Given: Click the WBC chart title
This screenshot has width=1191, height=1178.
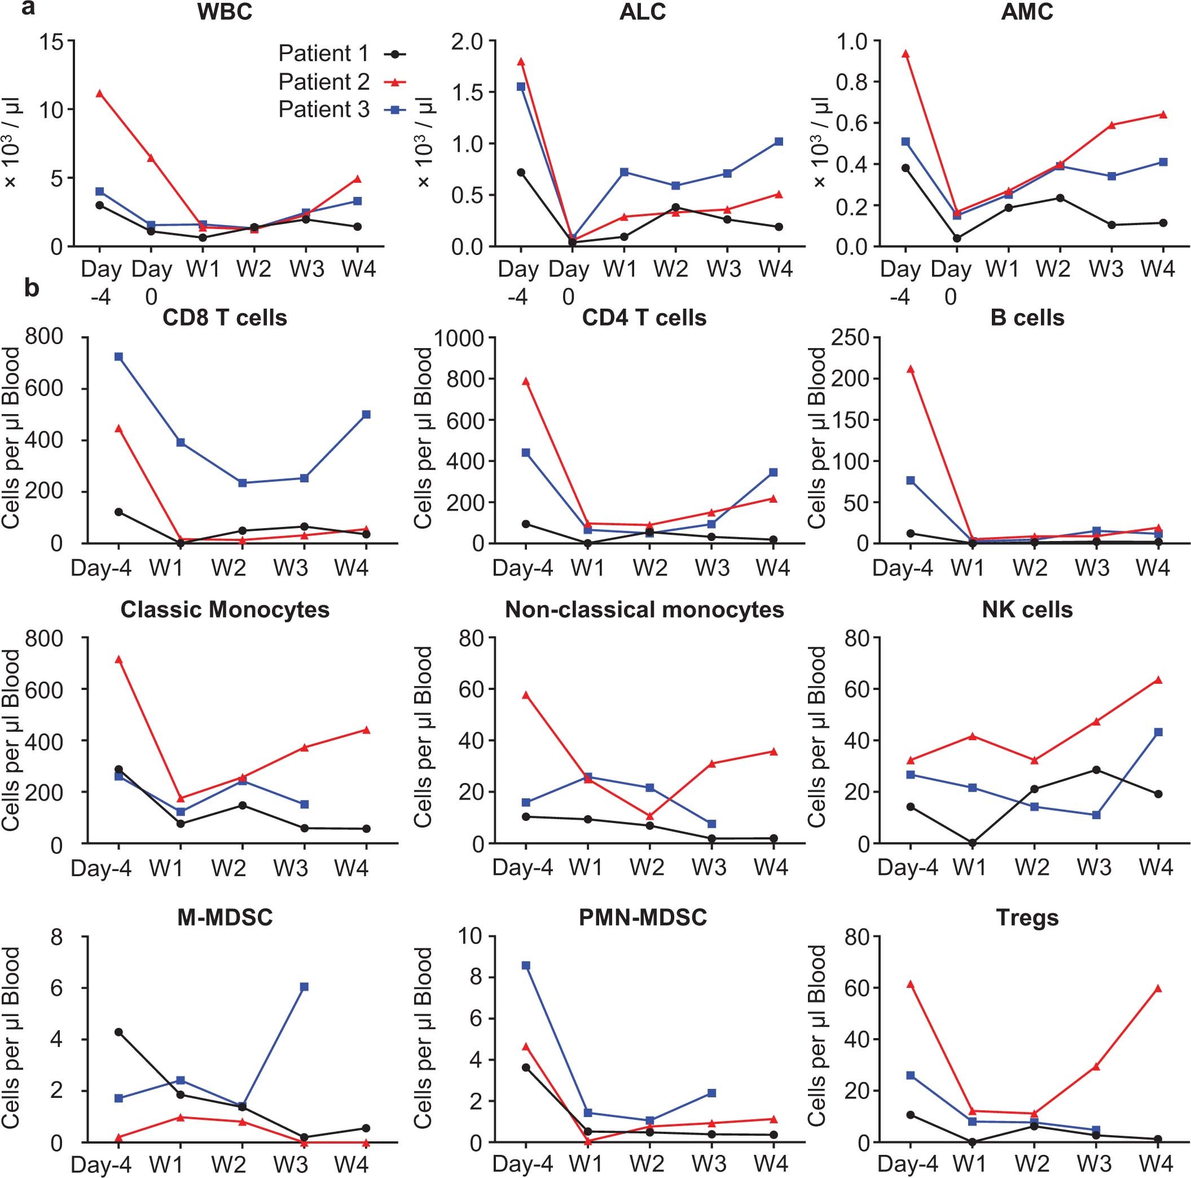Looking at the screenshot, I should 225,12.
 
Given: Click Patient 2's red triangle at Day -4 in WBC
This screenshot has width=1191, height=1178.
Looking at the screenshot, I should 99,94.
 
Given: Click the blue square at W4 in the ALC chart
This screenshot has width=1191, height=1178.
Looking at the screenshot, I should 779,142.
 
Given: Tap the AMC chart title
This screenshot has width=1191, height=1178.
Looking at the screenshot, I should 1027,12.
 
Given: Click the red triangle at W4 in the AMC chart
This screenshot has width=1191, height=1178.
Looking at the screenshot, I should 1163,115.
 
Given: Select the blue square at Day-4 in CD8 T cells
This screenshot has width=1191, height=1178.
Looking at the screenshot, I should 118,357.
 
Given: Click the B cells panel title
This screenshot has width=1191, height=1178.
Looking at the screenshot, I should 1027,318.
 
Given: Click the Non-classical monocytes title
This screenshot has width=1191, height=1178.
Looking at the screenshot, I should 644,610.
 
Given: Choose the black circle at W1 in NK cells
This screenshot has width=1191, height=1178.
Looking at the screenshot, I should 972,843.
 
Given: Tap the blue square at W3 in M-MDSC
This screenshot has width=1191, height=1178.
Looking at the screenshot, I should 304,987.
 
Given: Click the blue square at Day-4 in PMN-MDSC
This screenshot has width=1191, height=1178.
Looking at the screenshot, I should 525,965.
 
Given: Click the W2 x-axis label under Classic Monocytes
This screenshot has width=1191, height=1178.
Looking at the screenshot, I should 228,868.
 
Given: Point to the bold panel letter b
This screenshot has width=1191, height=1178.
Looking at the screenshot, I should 32,287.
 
